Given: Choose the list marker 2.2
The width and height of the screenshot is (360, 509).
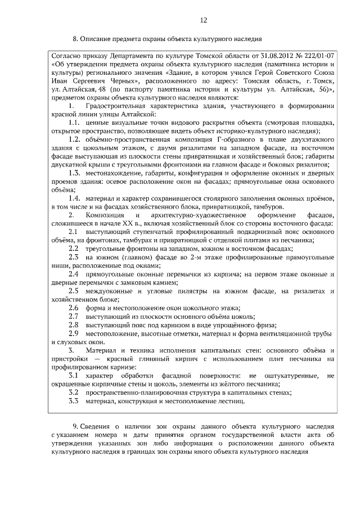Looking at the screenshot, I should (73, 249).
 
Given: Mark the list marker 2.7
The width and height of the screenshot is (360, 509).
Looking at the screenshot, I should (73, 316).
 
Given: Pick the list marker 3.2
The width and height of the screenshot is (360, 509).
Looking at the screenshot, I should (73, 392).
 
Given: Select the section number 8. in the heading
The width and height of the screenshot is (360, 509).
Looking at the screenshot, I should (75, 39).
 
